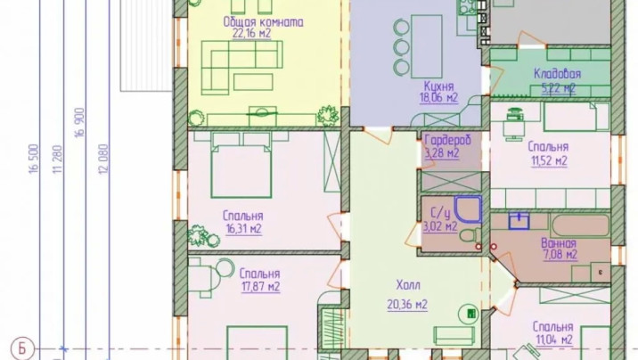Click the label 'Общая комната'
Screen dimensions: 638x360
[x=263, y=22]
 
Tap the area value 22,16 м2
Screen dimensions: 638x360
[x=251, y=34]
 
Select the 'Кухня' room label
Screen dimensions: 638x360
[x=438, y=86]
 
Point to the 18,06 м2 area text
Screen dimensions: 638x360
[x=438, y=98]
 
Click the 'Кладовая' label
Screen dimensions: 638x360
[x=557, y=74]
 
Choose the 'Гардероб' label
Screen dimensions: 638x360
[x=447, y=141]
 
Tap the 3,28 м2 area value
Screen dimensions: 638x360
[x=441, y=153]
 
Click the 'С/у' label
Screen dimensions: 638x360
[x=440, y=214]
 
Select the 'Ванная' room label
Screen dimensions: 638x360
[x=559, y=243]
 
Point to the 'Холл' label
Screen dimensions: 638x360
[x=408, y=285]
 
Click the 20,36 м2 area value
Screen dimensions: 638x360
[x=407, y=305]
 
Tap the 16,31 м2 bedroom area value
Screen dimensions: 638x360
[x=244, y=229]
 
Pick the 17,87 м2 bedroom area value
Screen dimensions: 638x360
[x=260, y=287]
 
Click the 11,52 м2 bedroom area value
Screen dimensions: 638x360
[x=549, y=161]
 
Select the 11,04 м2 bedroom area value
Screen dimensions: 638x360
[x=554, y=340]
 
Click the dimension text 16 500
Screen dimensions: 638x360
[x=34, y=159]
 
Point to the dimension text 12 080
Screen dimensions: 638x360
[x=103, y=159]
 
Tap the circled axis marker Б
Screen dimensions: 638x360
[x=21, y=348]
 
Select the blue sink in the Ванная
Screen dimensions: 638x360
[x=519, y=221]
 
